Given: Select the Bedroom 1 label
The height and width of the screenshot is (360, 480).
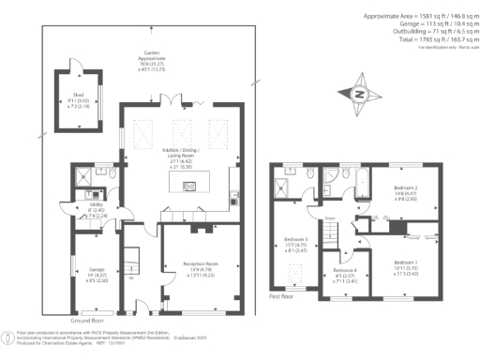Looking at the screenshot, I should pyautogui.click(x=406, y=265).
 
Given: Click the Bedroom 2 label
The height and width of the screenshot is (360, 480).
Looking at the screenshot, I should pyautogui.click(x=405, y=194).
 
